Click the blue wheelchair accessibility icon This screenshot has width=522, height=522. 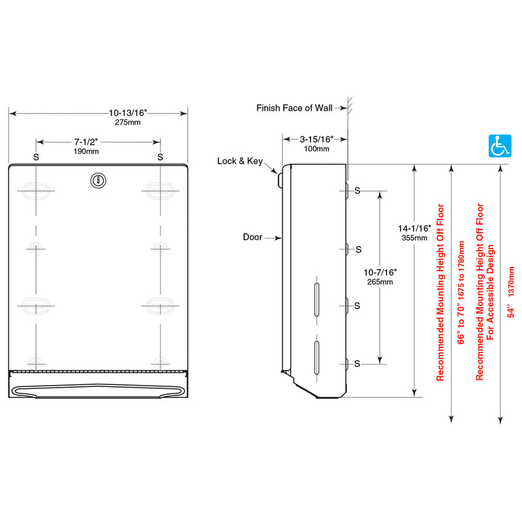pos(500,146)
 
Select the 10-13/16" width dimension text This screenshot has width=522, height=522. pos(128,113)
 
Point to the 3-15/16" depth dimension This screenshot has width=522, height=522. pos(316,139)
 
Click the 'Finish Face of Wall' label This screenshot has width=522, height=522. pos(294,108)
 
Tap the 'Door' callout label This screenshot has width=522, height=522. pos(252,237)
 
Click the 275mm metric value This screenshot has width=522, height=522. pos(128,123)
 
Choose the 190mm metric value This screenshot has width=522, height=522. pos(86,151)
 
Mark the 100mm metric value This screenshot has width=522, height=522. pos(316,149)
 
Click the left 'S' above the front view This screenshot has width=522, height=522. pos(35,157)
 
